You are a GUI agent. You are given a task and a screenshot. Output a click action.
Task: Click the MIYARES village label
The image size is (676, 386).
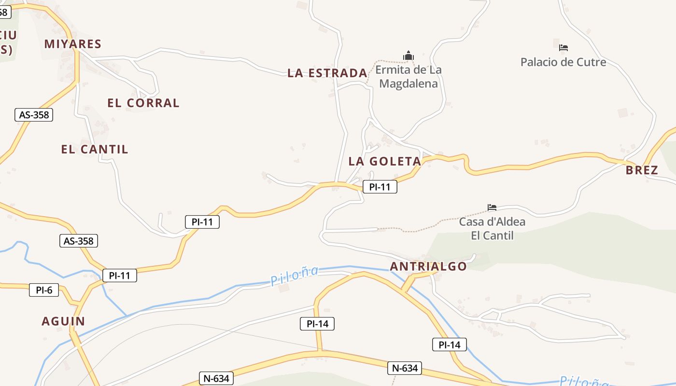pyautogui.click(x=73, y=44)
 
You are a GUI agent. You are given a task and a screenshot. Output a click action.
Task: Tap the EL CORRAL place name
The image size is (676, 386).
pyautogui.click(x=143, y=103)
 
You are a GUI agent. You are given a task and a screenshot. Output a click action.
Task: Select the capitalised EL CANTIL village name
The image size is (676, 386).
pyautogui.click(x=95, y=149)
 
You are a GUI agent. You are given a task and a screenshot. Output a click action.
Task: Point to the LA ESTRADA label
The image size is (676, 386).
pyautogui.click(x=327, y=73)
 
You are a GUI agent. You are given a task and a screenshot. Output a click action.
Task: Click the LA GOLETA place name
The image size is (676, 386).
pyautogui.click(x=385, y=161)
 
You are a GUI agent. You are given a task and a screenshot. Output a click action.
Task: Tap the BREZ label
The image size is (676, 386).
pyautogui.click(x=642, y=170)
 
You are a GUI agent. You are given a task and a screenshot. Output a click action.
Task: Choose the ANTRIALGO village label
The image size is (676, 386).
pyautogui.click(x=428, y=266)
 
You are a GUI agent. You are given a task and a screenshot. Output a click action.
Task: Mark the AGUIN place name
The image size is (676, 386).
pyautogui.click(x=63, y=321)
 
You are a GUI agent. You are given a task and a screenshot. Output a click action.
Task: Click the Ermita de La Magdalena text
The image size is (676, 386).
pyautogui.click(x=408, y=77)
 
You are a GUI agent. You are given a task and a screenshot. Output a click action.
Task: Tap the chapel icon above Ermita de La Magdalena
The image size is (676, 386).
pyautogui.click(x=408, y=56)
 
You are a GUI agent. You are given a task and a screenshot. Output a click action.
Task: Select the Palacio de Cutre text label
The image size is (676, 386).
pyautogui.click(x=563, y=62)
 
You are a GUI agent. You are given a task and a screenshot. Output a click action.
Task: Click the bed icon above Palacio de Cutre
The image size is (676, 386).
pyautogui.click(x=563, y=47)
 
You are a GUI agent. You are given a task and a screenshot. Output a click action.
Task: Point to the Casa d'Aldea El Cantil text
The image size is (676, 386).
pyautogui.click(x=492, y=229)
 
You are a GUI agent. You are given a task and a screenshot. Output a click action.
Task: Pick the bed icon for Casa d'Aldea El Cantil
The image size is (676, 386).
pyautogui.click(x=492, y=207)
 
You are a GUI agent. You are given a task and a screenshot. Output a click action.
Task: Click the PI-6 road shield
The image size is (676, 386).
pyautogui.click(x=44, y=290)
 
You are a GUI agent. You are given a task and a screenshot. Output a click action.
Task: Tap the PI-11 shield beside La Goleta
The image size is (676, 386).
pyautogui.click(x=380, y=187)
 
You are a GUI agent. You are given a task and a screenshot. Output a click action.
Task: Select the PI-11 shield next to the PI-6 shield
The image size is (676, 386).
pyautogui.click(x=120, y=276)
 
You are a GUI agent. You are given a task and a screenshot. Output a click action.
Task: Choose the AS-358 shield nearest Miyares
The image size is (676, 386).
pyautogui.click(x=34, y=115)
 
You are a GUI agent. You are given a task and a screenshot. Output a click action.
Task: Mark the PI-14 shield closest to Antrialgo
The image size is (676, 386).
pyautogui.click(x=450, y=345)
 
